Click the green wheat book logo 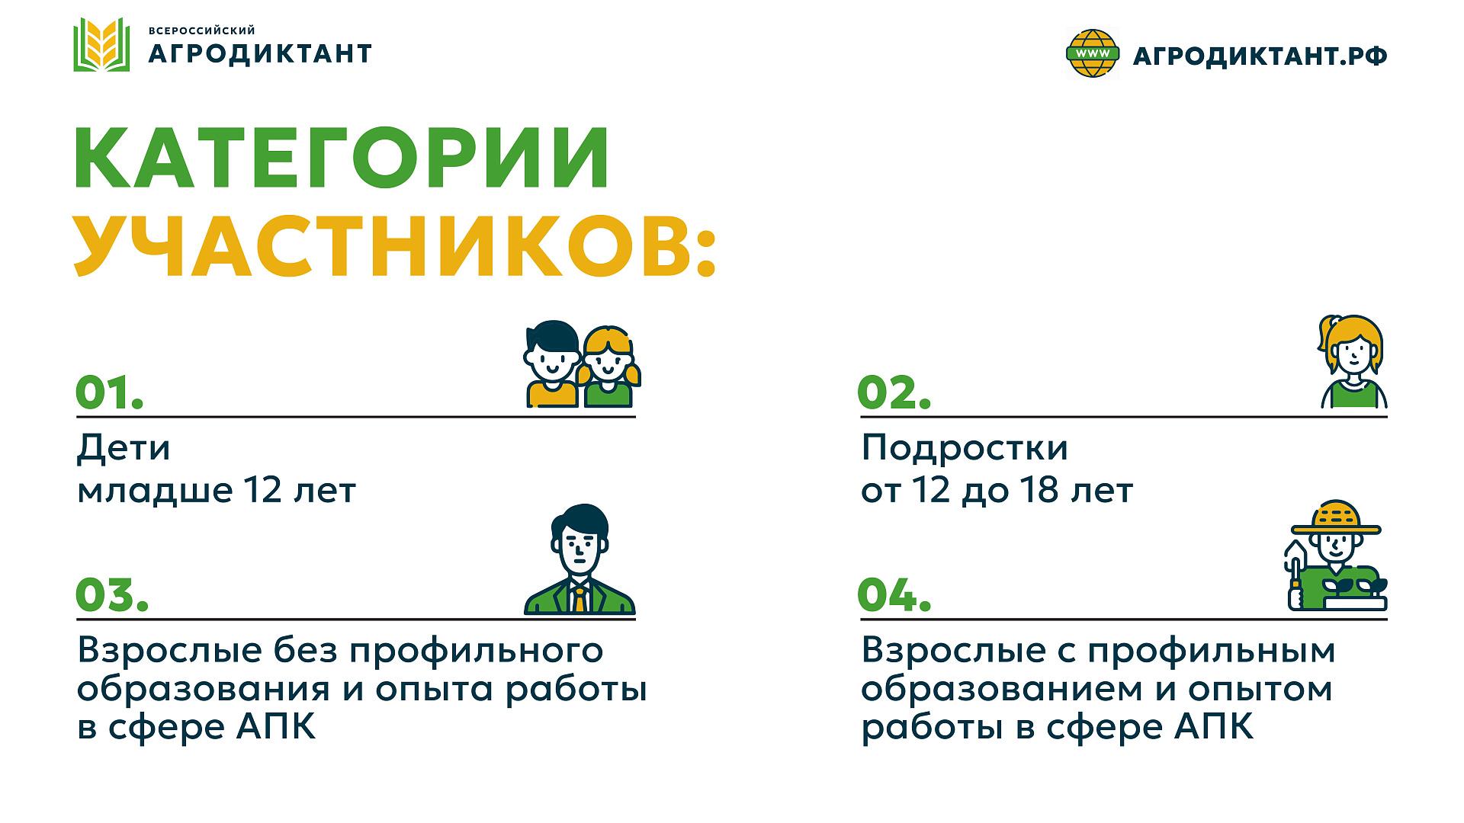(x=101, y=45)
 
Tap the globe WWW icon (x=1092, y=53)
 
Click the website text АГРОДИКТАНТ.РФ (x=1260, y=56)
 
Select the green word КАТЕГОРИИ (x=342, y=159)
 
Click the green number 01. (x=109, y=393)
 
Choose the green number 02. (x=894, y=393)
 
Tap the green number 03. (x=111, y=595)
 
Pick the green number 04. (x=894, y=595)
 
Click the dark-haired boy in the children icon (x=552, y=363)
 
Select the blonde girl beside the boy (x=608, y=367)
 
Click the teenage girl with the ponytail (x=1353, y=362)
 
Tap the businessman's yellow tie (x=579, y=600)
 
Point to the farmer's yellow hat (x=1336, y=518)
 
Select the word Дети (x=124, y=448)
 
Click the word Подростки (x=965, y=448)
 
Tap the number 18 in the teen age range (x=1039, y=490)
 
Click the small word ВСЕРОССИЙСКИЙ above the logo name (x=201, y=30)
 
